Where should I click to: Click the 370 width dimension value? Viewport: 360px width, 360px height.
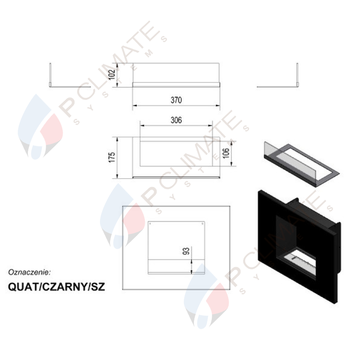click(x=176, y=100)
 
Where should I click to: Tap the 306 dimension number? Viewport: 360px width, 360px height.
click(x=176, y=120)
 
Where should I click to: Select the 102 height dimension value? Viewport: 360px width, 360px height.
click(x=112, y=75)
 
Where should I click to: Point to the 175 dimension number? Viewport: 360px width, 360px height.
click(x=112, y=157)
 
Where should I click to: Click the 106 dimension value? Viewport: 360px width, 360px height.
click(x=226, y=153)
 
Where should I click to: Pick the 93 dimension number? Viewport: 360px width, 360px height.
click(x=186, y=251)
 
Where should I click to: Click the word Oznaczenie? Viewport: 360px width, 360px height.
click(x=29, y=272)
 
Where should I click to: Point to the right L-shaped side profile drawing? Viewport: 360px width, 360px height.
click(x=277, y=75)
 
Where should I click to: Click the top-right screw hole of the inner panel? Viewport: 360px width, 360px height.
click(x=202, y=223)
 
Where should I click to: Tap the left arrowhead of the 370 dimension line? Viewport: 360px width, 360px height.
click(x=135, y=105)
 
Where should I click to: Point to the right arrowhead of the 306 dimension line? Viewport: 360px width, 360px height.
click(x=210, y=126)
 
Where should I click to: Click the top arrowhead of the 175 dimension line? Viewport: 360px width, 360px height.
click(x=117, y=139)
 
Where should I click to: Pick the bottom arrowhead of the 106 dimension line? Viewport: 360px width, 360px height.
click(x=231, y=163)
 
